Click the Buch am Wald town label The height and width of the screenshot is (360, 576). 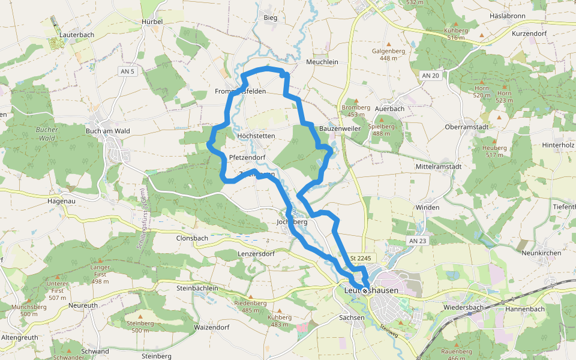coord(108,131)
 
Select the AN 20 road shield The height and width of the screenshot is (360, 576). coord(431,75)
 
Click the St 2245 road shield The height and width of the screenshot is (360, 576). coord(361,258)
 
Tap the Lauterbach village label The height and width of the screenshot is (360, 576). coord(77,35)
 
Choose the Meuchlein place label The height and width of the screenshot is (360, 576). coord(322,62)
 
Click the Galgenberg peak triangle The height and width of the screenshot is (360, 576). coord(388,44)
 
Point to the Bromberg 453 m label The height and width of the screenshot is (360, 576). coord(356,110)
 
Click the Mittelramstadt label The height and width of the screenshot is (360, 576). coord(438,167)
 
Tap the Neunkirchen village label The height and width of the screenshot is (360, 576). coord(541,253)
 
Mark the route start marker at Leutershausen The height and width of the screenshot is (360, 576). coord(364,290)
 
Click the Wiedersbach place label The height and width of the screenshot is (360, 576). coord(463,308)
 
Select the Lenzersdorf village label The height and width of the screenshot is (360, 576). coord(256,254)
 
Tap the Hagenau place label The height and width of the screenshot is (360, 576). coord(62,202)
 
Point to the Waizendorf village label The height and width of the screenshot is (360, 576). coord(212,328)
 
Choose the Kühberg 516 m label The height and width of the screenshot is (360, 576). coord(455,34)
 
